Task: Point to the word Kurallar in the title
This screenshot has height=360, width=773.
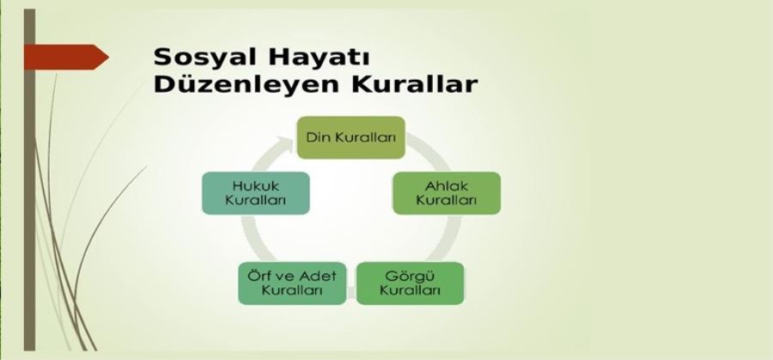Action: click(414, 83)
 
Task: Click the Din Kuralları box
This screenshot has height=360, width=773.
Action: click(350, 137)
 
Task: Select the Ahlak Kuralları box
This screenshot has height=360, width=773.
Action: click(446, 192)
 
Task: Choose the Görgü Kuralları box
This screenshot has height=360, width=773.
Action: click(410, 283)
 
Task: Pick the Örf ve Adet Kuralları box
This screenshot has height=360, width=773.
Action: click(292, 283)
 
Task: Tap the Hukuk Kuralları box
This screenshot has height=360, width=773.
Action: click(256, 192)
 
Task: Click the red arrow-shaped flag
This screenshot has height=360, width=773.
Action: click(65, 57)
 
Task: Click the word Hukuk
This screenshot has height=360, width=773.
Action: click(256, 186)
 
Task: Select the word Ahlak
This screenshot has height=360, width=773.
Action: click(446, 186)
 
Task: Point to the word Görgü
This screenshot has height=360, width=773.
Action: click(410, 276)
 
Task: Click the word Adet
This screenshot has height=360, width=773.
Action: click(317, 276)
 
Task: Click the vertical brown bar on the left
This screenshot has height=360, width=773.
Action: click(29, 180)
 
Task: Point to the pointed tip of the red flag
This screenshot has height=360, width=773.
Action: click(108, 57)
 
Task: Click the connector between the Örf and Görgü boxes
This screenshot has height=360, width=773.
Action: click(351, 292)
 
